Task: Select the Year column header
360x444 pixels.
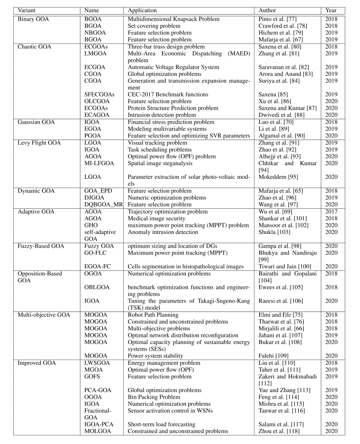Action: point(331,10)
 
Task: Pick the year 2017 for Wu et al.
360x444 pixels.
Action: point(331,212)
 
